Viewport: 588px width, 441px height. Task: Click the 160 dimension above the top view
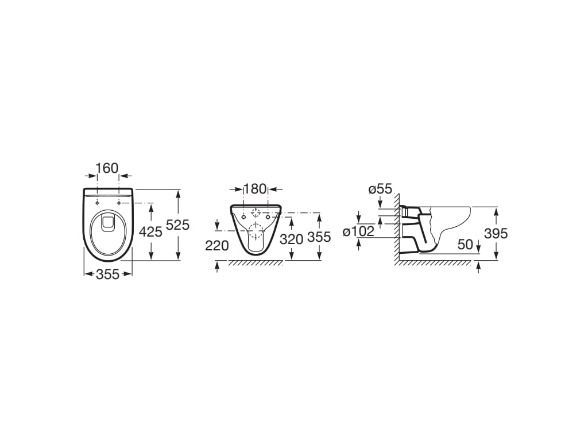pos(107,168)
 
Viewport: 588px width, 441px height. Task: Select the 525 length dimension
pos(178,225)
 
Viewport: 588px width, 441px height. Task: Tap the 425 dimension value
pos(150,232)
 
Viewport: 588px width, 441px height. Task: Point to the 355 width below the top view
pos(107,274)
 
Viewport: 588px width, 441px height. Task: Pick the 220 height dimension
pos(216,246)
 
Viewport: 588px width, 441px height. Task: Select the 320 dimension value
pos(291,239)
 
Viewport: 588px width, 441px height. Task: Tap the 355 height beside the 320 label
pos(319,237)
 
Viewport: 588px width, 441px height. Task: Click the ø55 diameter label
pos(380,189)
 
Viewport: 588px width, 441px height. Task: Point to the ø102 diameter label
pos(358,232)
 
